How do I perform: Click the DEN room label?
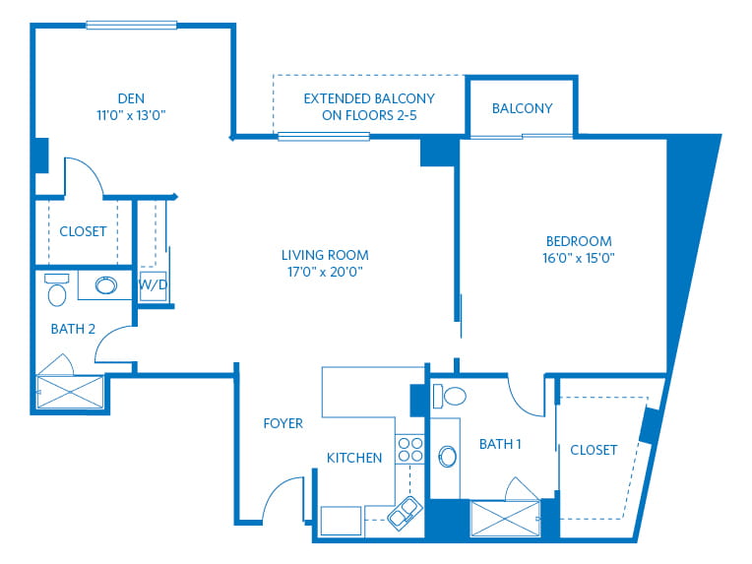coord(131,98)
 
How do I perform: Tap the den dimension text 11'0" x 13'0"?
coord(131,115)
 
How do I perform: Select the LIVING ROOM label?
coord(325,255)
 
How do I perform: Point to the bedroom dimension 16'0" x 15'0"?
coord(579,258)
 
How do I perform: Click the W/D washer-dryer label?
coord(153,284)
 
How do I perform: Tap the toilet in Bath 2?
coord(57,289)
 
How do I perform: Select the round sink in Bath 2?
coord(106,285)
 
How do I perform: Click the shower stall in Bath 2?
coord(70,393)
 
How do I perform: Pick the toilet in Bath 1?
coord(449,396)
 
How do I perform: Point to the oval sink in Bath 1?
coord(448,457)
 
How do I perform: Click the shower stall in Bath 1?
coord(506,519)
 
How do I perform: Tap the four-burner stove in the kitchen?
coord(410,450)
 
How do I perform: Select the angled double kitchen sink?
coord(405,513)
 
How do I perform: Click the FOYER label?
coord(282,423)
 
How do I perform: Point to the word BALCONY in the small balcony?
coord(523,108)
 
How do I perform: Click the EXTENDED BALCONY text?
coord(369,98)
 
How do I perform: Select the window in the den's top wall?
coord(132,26)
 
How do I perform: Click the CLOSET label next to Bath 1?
coord(594,450)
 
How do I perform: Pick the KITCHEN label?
coord(354,458)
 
